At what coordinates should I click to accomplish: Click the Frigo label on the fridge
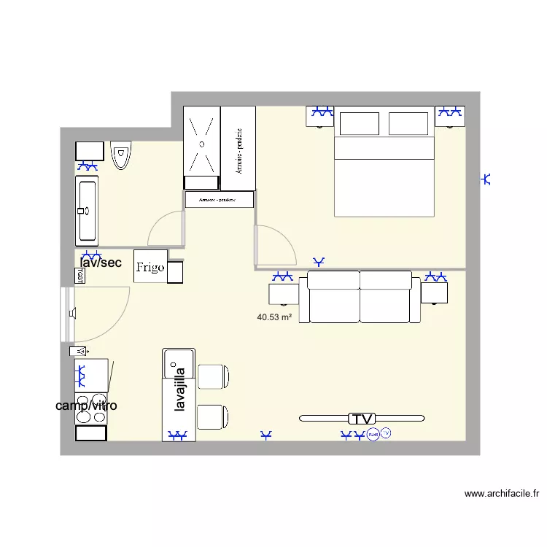tap(150, 267)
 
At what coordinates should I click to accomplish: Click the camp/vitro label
tap(86, 406)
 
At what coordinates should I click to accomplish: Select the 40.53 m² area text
tap(275, 317)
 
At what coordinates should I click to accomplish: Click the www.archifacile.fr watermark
tap(502, 494)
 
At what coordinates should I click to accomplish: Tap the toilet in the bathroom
tap(121, 155)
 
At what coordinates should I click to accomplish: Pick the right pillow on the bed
tap(408, 124)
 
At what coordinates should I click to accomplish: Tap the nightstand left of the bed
tap(322, 117)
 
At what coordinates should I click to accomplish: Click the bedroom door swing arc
tap(276, 245)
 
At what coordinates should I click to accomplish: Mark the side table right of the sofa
tap(435, 293)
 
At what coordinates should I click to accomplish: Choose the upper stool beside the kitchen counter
tap(214, 376)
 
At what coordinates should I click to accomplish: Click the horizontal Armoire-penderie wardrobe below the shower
tap(220, 199)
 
